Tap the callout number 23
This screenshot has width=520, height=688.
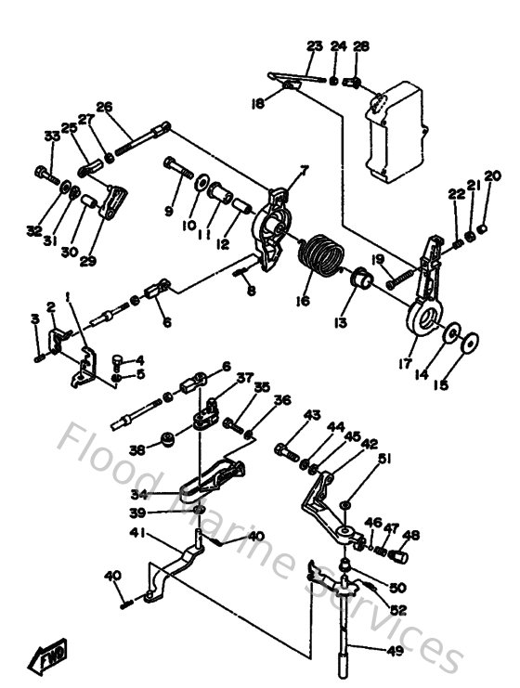pos(314,46)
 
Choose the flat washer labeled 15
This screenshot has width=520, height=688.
pos(471,344)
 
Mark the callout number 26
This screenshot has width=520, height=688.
pos(104,106)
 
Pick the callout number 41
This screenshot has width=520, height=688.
pos(137,532)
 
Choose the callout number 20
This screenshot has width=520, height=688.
pos(491,176)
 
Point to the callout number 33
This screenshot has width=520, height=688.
pos(51,136)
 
